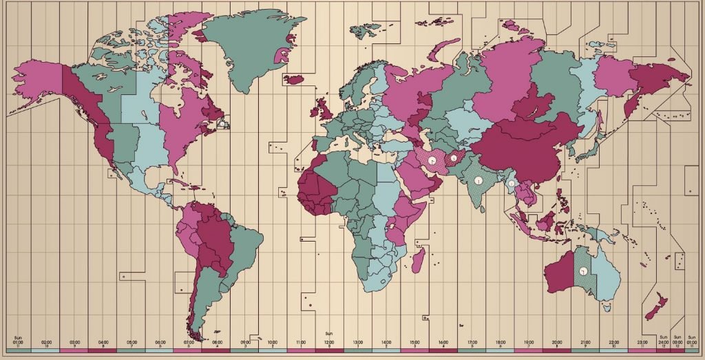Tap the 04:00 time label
[103, 341]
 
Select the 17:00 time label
[472, 341]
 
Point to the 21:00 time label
[585, 341]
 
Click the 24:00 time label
[664, 341]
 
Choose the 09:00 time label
[246, 341]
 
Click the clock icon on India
[477, 180]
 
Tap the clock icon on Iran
[432, 160]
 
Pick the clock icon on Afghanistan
[454, 158]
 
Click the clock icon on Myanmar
[511, 184]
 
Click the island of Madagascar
[417, 260]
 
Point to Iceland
[294, 79]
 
